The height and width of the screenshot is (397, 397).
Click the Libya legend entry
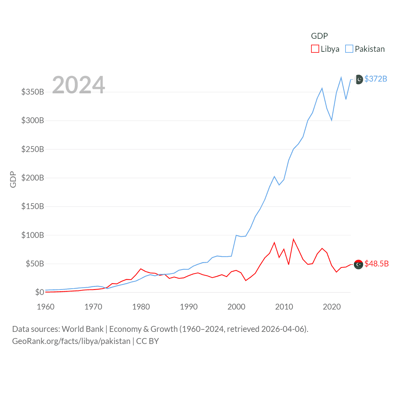325,49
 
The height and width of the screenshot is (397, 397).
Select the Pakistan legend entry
365,49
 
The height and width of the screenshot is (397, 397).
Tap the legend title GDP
319,36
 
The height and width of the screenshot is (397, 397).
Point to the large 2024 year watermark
78,85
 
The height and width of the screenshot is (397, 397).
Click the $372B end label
376,79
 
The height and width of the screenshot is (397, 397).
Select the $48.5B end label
377,264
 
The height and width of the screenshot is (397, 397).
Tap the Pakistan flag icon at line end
359,79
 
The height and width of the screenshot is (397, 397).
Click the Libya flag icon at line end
359,264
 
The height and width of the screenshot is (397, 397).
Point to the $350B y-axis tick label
33,92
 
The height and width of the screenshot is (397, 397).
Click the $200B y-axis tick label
33,178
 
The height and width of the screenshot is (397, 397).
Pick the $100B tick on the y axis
33,235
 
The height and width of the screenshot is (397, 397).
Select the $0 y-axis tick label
39,292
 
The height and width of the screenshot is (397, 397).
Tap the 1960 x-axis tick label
46,307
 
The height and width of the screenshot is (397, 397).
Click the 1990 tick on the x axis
189,307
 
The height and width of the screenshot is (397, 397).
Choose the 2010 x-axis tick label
284,307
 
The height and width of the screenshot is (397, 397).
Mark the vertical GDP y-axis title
13,179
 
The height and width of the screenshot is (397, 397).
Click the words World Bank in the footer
83,329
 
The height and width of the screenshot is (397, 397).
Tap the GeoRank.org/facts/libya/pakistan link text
71,341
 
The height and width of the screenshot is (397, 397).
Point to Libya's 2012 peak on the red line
293,239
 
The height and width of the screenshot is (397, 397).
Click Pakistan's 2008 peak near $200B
274,176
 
